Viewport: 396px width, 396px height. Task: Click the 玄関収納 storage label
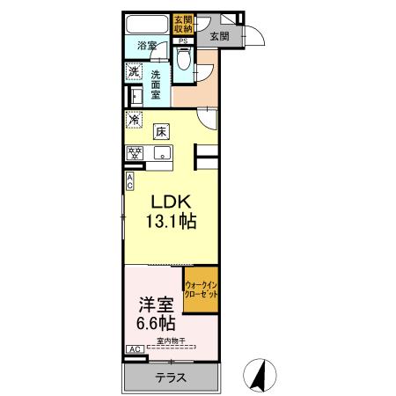click(184, 23)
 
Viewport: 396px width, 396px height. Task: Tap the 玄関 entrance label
click(219, 36)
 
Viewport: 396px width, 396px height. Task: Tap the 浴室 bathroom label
click(147, 46)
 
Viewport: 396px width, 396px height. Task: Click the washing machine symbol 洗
click(134, 71)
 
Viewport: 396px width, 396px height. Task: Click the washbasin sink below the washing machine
click(135, 94)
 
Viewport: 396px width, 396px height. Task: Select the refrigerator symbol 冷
click(134, 121)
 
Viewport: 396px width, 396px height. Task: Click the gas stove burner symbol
click(136, 153)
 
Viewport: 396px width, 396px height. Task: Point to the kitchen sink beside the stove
click(161, 152)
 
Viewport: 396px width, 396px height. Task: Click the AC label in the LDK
click(130, 181)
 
